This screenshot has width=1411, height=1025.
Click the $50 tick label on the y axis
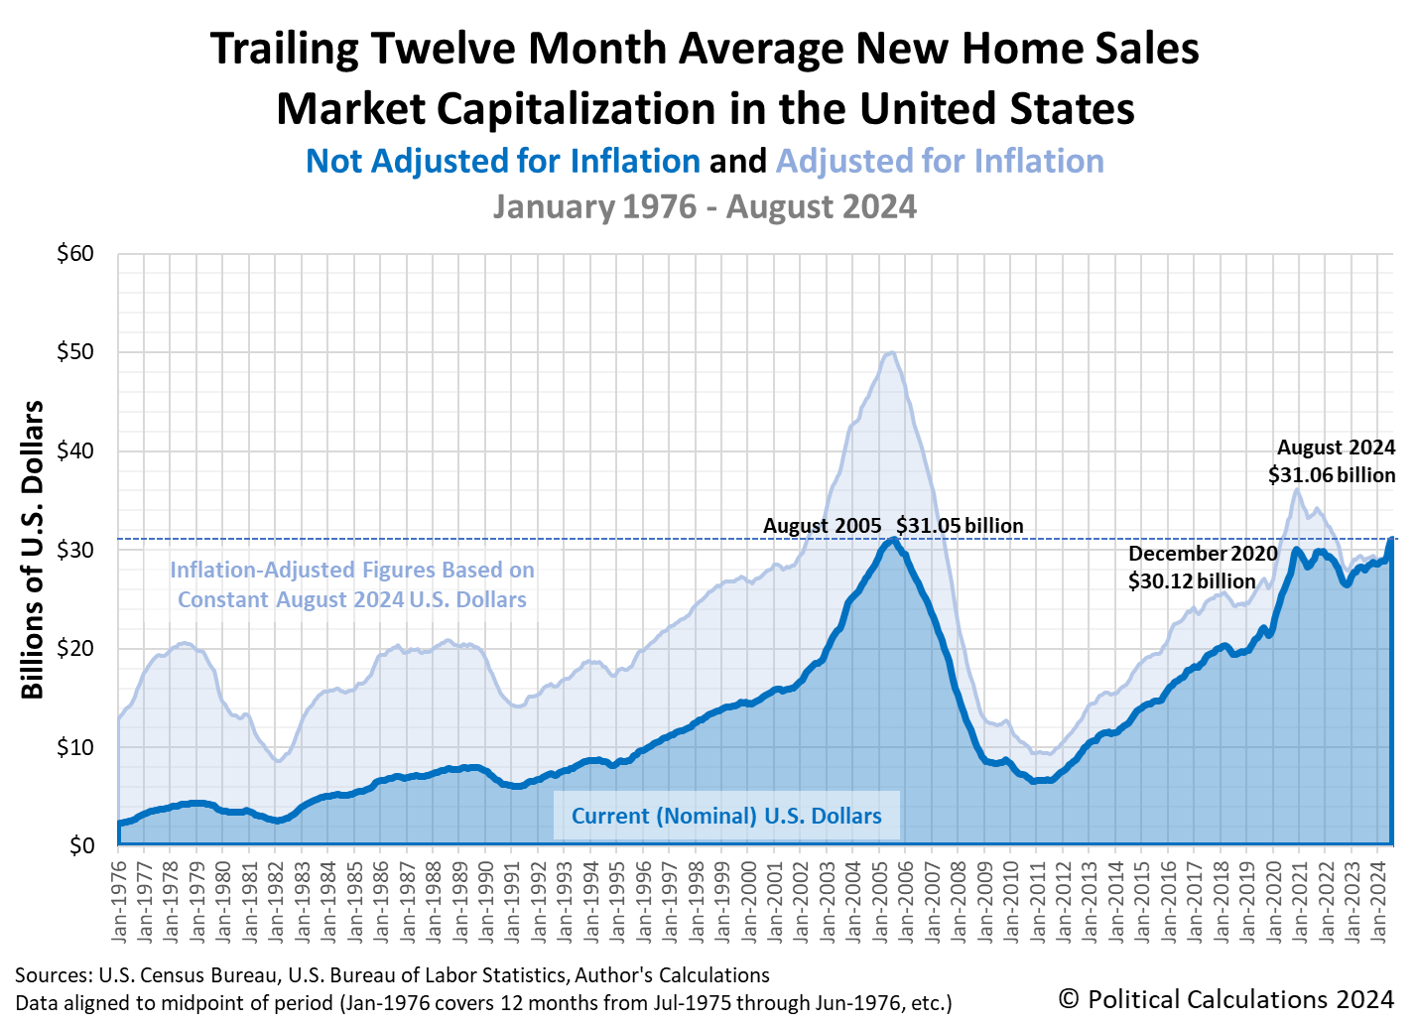point(76,352)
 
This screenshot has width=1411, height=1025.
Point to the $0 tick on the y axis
point(82,845)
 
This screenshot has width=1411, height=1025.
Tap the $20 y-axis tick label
point(76,649)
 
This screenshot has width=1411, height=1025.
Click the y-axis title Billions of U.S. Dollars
point(33,550)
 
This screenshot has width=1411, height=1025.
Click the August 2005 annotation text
point(822,526)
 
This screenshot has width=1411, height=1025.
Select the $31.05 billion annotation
point(960,526)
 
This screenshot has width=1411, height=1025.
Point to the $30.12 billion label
point(1191,580)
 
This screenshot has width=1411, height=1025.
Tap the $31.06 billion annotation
point(1331,475)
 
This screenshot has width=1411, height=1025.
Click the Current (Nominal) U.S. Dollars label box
point(726,816)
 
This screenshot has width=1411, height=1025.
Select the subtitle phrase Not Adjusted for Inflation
point(503,161)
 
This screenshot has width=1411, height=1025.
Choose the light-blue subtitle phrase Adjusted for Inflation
point(940,161)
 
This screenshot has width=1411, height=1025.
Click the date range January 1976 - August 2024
point(705,206)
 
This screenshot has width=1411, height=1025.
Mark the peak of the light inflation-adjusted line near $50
point(891,352)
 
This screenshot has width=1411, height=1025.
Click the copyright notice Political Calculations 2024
point(1225,998)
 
